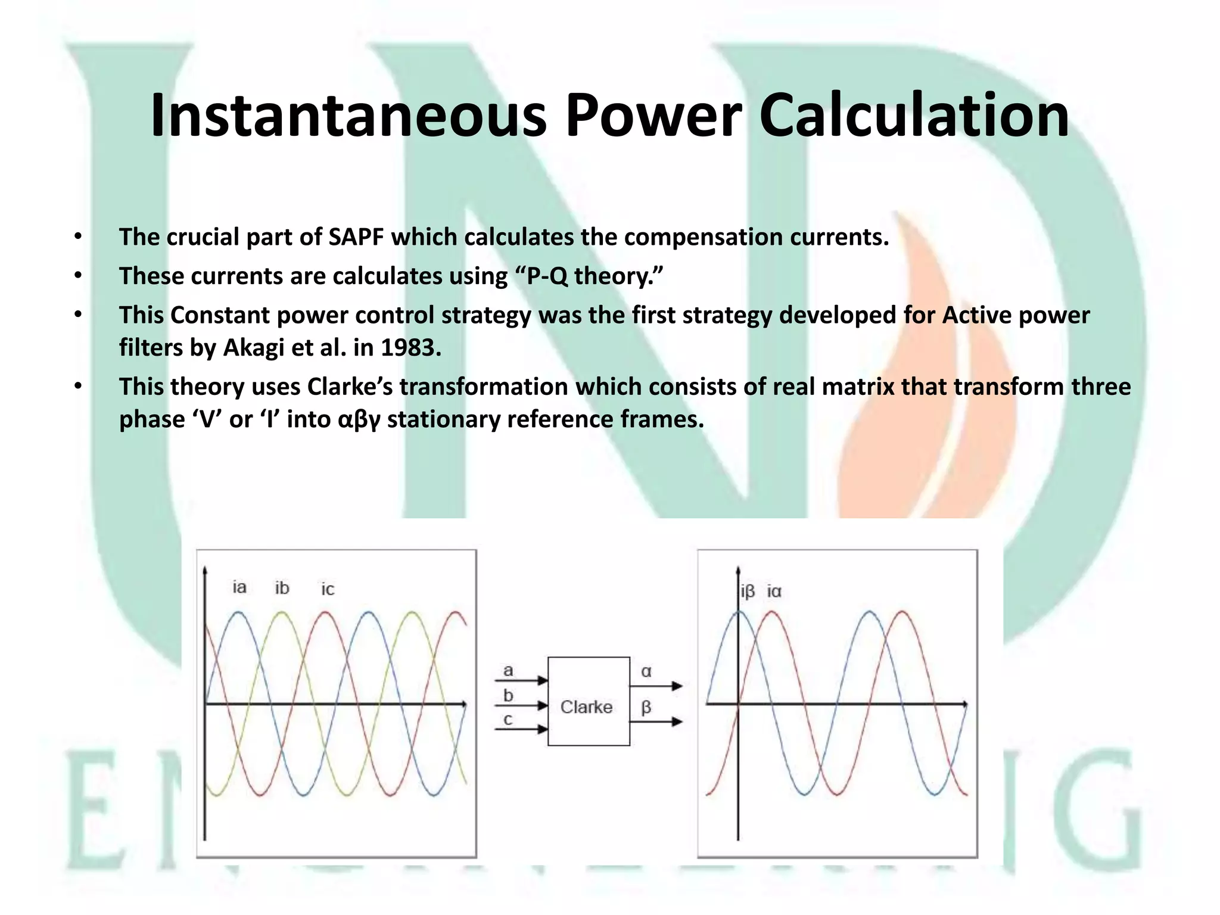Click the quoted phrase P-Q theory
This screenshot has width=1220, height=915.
pyautogui.click(x=586, y=276)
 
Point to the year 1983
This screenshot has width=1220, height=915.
pyautogui.click(x=410, y=348)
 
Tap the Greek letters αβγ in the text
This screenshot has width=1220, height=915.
pyautogui.click(x=359, y=420)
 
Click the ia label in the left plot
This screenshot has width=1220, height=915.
pyautogui.click(x=239, y=587)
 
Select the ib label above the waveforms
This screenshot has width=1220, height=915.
pyautogui.click(x=282, y=588)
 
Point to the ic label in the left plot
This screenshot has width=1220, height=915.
pyautogui.click(x=328, y=589)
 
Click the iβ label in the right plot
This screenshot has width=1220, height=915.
pyautogui.click(x=748, y=592)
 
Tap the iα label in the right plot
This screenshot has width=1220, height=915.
pyautogui.click(x=774, y=592)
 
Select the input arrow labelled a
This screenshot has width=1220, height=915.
pyautogui.click(x=522, y=680)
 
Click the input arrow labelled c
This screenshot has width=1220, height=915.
pyautogui.click(x=522, y=729)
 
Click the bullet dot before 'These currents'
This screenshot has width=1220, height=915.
pyautogui.click(x=77, y=276)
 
